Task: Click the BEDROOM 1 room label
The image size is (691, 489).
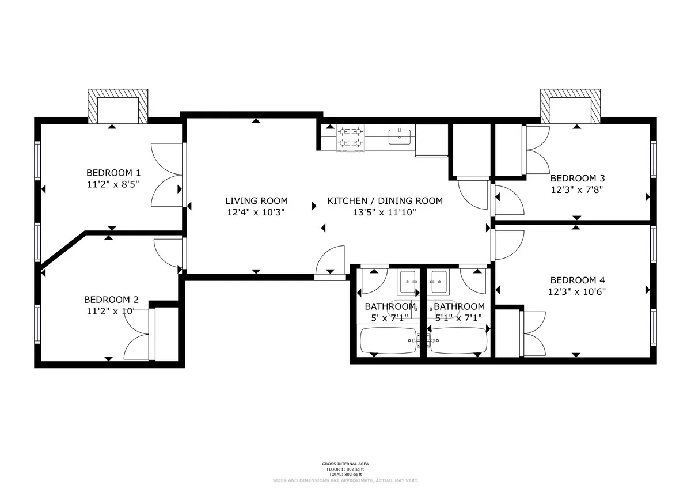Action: (x=113, y=173)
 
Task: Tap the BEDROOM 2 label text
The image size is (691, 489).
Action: (x=111, y=300)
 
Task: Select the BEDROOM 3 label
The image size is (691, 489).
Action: (x=578, y=179)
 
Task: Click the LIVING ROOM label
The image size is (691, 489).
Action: (x=256, y=201)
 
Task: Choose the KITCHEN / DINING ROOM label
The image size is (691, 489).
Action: (x=385, y=201)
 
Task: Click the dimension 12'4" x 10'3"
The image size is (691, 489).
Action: (x=256, y=212)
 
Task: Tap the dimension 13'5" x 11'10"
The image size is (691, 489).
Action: (x=385, y=212)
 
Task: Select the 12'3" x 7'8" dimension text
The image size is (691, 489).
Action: (x=578, y=189)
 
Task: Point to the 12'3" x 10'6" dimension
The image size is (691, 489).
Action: (x=577, y=291)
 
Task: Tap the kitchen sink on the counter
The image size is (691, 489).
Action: (x=401, y=137)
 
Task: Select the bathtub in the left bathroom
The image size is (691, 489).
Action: (x=388, y=340)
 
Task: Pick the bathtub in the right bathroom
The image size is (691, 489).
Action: (x=458, y=340)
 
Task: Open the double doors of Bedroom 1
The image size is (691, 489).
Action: (x=167, y=175)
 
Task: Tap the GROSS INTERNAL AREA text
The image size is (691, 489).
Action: (x=345, y=464)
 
